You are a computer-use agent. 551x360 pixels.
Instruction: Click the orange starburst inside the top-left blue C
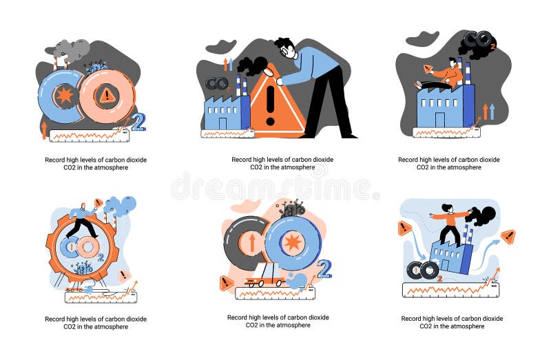click(x=65, y=96)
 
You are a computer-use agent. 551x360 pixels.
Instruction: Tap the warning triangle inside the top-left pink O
click(x=107, y=96)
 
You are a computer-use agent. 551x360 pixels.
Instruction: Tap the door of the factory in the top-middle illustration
click(x=224, y=123)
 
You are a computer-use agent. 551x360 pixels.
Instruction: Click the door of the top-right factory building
click(x=441, y=120)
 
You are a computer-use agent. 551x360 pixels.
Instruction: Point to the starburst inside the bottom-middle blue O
click(x=292, y=242)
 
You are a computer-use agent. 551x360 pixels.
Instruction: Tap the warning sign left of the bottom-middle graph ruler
click(x=227, y=282)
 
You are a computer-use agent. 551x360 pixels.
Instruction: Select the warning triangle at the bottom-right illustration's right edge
click(x=508, y=236)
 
